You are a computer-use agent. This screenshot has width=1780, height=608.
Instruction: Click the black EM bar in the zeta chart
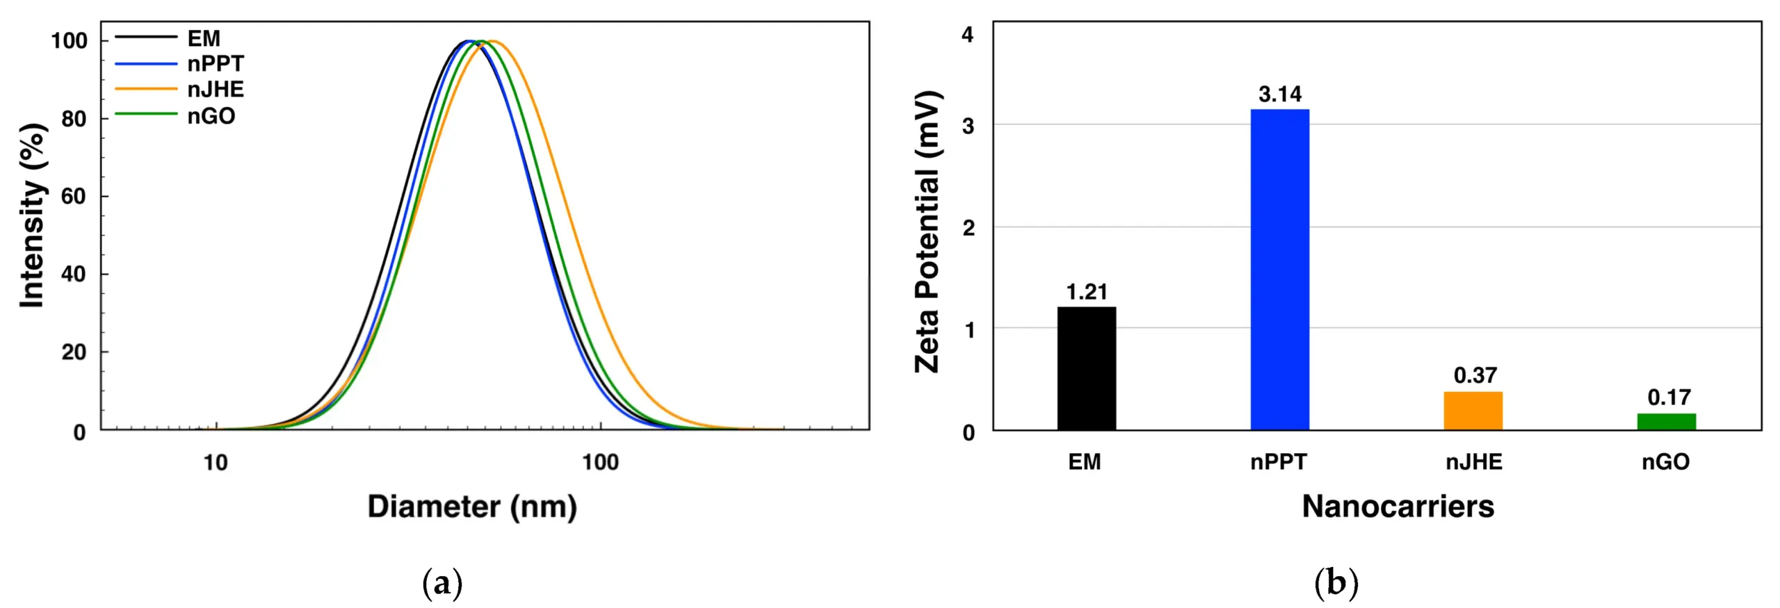pos(1086,368)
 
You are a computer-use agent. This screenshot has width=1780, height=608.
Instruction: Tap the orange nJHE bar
pos(1473,411)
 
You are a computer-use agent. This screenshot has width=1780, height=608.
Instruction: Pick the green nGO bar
pos(1666,422)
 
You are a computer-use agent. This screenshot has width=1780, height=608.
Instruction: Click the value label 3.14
pos(1280,94)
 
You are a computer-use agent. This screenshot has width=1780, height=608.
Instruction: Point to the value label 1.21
pos(1087,292)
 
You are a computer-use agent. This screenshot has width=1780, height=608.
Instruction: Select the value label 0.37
pos(1474,375)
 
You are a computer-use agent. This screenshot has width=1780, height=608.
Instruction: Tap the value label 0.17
pos(1669,397)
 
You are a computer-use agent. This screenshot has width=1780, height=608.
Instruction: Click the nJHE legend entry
pos(216,90)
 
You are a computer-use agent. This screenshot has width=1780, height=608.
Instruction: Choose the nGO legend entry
pos(211,116)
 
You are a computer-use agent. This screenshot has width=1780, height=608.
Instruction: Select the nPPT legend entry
pos(216,64)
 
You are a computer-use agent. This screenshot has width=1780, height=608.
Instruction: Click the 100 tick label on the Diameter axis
pos(600,462)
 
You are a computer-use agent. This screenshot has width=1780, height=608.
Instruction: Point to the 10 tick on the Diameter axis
pos(216,462)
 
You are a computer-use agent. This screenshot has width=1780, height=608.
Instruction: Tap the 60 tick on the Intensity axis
pos(74,197)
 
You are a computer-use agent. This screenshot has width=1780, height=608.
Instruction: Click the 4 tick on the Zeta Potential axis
pos(967,35)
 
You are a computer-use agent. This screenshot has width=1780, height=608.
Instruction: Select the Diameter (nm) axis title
pos(472,507)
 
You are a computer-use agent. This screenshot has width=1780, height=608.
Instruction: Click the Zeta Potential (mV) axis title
pos(928,231)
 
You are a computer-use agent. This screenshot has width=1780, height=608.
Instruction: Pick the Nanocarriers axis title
pos(1398,507)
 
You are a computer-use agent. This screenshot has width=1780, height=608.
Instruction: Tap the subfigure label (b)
pos(1336,583)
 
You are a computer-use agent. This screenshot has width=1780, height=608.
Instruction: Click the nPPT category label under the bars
pos(1279,462)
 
